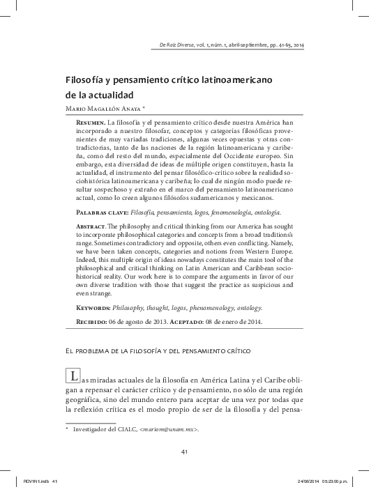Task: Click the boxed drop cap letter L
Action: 72,377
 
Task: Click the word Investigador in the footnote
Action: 97,429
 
